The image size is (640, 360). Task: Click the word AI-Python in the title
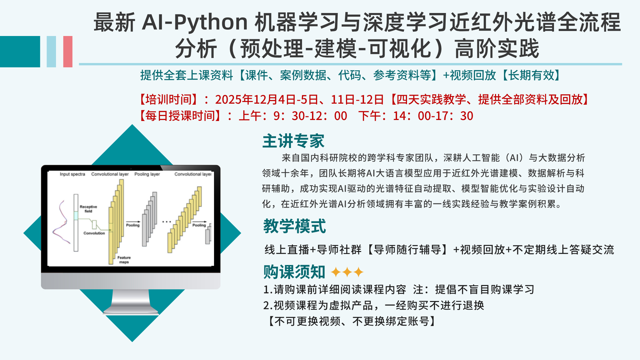click(x=195, y=22)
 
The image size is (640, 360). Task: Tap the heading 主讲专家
click(x=293, y=141)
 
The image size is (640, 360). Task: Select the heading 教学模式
click(x=294, y=226)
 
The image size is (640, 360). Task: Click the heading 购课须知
click(x=294, y=272)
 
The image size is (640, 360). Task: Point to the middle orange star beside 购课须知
click(x=347, y=272)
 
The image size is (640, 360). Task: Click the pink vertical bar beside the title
click(x=68, y=52)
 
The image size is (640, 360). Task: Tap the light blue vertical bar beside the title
click(x=51, y=52)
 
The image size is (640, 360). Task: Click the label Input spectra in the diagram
click(x=72, y=174)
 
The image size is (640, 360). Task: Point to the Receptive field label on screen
click(x=88, y=209)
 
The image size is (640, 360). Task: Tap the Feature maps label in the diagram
click(x=124, y=260)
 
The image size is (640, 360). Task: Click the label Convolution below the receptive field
click(x=94, y=233)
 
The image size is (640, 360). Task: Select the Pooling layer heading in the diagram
click(x=147, y=174)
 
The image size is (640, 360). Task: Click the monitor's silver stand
click(x=131, y=302)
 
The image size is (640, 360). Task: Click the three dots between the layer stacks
click(x=166, y=222)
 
